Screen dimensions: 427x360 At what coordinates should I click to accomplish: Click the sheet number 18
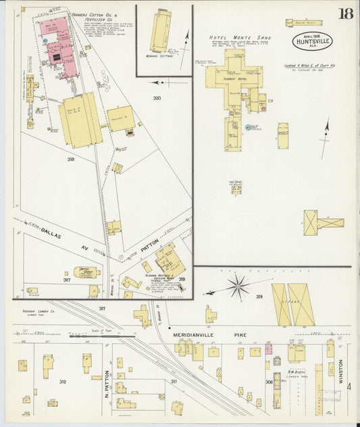point(345,14)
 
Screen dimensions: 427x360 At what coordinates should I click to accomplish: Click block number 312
point(62,382)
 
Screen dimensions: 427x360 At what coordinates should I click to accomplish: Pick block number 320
point(157,99)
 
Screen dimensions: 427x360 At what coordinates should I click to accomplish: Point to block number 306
point(269,382)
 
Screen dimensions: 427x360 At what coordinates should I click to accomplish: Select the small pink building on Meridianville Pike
point(268,349)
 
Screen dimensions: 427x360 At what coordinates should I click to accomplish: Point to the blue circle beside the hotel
point(248,127)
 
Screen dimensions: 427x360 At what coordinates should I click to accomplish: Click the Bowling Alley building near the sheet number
point(303,22)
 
